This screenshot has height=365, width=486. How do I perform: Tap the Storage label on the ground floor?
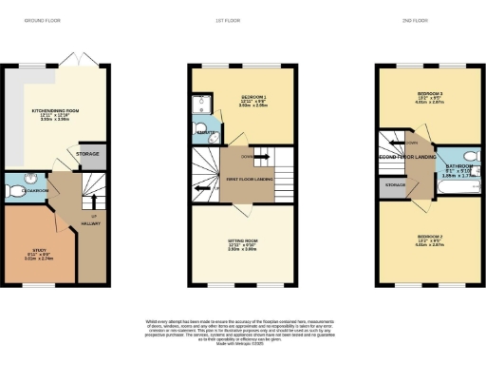(89, 153)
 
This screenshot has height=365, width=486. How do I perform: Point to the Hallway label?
(90, 223)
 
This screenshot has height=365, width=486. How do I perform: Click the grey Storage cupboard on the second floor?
(395, 185)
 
